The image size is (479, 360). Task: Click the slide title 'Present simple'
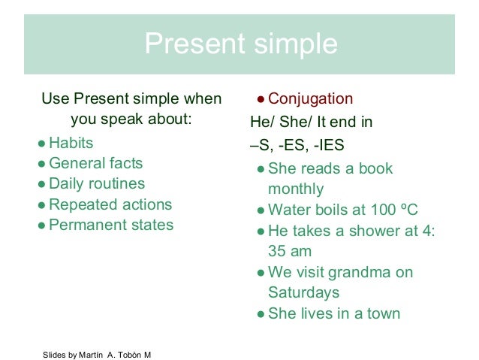[x=240, y=44]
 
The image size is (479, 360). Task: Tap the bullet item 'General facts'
[x=95, y=163]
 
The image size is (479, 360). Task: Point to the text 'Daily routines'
[x=97, y=183]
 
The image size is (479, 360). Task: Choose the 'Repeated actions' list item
[x=110, y=204]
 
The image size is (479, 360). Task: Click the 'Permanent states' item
[x=111, y=225]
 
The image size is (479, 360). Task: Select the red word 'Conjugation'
[x=310, y=99]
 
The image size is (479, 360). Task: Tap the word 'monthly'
[x=296, y=189]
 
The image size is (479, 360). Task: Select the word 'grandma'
[x=355, y=272]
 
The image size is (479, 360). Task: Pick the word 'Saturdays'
[x=303, y=292]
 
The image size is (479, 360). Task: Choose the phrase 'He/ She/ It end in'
[x=311, y=122]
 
